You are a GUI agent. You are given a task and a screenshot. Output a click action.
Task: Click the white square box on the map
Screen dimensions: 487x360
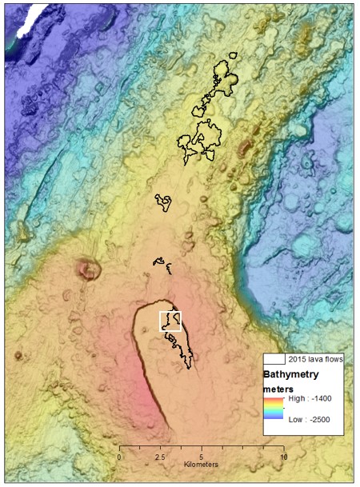[x=170, y=321]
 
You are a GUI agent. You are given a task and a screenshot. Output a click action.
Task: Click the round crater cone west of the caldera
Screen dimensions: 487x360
[x=87, y=270]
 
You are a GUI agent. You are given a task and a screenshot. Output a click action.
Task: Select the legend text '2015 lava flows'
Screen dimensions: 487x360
[x=316, y=359]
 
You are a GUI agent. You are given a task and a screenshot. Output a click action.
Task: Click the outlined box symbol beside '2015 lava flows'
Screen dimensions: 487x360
[x=274, y=359]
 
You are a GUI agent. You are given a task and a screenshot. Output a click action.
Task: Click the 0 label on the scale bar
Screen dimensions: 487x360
[x=119, y=457]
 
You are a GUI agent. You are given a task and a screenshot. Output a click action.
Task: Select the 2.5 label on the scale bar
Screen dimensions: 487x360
[x=160, y=457]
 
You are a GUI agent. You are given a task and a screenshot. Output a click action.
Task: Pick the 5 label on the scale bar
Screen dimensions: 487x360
[x=201, y=457]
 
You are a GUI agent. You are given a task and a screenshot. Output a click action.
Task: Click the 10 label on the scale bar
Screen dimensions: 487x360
[x=283, y=457]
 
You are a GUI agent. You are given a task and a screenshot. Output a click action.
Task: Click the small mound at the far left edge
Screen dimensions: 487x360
[x=18, y=355]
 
